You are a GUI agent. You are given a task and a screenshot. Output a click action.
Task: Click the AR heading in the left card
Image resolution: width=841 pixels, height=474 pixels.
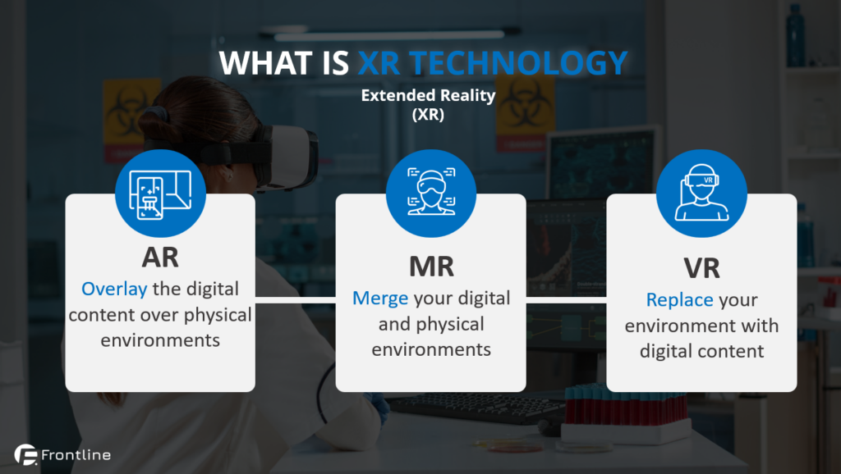160,258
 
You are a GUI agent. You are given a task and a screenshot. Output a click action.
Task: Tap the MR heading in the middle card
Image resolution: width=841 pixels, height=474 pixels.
431,267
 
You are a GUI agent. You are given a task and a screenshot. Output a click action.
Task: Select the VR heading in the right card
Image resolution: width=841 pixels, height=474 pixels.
701,268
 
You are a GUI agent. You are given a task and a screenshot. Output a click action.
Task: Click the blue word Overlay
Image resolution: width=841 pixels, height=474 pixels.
114,289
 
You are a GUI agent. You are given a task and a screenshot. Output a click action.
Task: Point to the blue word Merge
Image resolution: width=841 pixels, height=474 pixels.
380,299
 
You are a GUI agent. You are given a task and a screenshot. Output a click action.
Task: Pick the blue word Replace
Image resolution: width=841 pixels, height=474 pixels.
679,300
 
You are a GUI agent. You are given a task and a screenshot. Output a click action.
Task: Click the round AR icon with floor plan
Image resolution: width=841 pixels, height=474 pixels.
160,194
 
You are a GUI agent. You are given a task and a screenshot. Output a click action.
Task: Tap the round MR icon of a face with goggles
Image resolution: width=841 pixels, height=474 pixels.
431,194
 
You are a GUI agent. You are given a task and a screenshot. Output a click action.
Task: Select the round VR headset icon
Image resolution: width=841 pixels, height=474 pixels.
701,194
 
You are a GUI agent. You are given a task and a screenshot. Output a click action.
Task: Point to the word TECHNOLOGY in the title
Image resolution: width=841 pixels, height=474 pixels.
518,63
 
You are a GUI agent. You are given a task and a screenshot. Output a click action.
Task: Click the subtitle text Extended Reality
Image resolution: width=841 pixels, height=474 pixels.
428,95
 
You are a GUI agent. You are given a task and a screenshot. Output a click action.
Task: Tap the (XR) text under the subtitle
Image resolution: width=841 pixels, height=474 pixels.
428,115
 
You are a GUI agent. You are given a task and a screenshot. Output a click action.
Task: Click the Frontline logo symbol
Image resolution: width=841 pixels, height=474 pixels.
25,454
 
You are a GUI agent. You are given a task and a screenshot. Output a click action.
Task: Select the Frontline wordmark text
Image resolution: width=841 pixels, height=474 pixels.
76,455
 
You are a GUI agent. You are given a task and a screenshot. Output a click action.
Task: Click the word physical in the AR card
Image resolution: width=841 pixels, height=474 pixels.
218,315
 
